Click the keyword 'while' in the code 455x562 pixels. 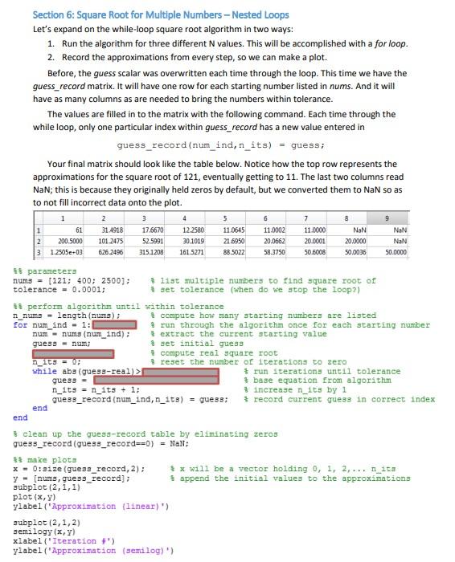click(44, 371)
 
